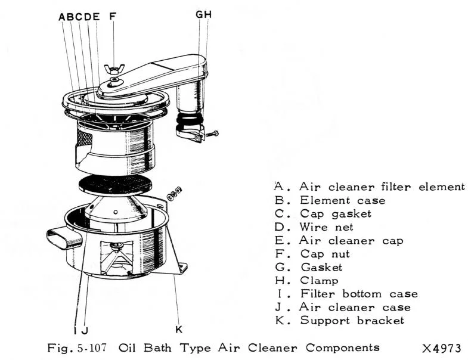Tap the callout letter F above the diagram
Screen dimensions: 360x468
[x=112, y=17]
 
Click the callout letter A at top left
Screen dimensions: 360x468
[x=62, y=17]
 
